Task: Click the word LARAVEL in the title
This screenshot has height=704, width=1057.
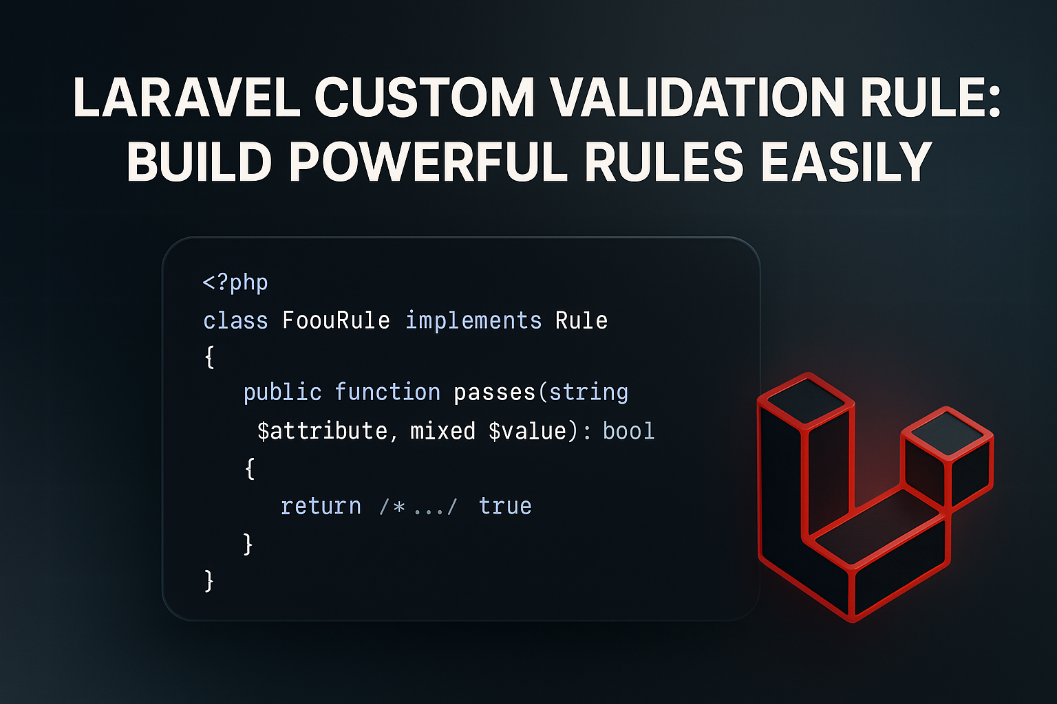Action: click(x=186, y=97)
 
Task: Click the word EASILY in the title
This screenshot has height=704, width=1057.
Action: click(x=846, y=162)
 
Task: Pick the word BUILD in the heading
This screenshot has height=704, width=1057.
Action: click(x=200, y=162)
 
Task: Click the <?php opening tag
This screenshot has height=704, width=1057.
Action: click(x=235, y=283)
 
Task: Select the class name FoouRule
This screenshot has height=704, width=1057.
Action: click(x=336, y=320)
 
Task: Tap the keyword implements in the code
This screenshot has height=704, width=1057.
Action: click(x=473, y=320)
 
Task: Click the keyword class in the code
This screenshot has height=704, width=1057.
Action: click(x=235, y=320)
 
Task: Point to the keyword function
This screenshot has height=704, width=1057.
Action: click(x=387, y=392)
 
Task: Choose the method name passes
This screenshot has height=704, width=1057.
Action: click(x=494, y=392)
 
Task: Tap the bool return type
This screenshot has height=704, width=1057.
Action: click(x=628, y=431)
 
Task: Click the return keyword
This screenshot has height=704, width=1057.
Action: click(x=321, y=506)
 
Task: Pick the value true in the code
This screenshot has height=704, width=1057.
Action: click(x=505, y=506)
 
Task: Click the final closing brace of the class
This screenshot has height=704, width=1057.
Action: click(x=209, y=581)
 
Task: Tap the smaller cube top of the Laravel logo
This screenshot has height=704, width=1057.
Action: click(x=947, y=431)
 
